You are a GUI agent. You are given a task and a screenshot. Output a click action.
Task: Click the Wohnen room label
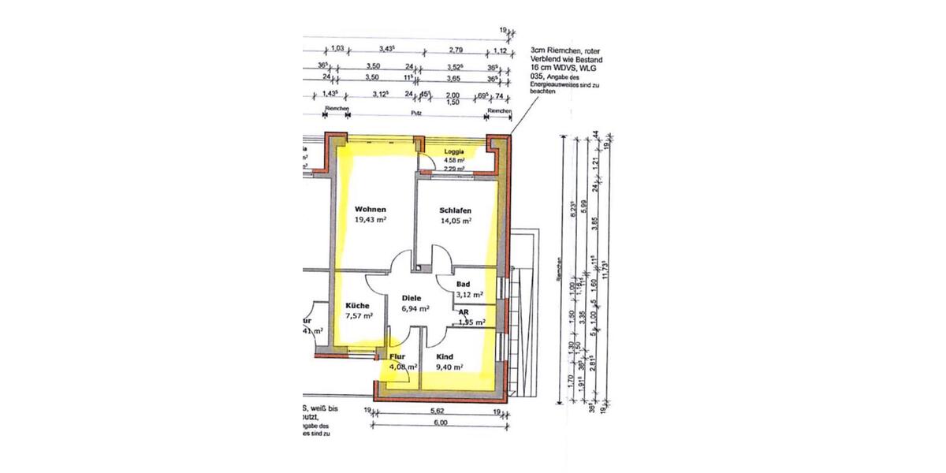[x=370, y=210]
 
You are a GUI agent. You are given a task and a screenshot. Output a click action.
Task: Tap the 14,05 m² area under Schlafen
[x=456, y=222]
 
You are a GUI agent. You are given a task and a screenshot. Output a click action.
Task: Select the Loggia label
[x=453, y=151]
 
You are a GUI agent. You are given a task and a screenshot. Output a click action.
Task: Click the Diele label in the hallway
[x=412, y=299]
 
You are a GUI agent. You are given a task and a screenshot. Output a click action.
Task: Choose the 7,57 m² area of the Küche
[x=359, y=315]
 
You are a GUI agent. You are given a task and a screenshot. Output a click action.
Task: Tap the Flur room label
[x=397, y=356]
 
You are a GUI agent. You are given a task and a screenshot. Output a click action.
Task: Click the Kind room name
[x=445, y=356]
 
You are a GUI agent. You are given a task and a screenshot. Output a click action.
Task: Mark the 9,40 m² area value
[x=449, y=367]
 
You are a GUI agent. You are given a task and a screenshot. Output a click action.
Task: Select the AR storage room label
[x=464, y=312]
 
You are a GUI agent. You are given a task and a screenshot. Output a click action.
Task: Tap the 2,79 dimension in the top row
[x=456, y=49]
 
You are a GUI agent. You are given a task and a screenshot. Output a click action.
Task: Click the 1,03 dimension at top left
[x=337, y=49]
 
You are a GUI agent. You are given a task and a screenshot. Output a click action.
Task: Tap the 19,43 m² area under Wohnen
[x=369, y=222]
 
